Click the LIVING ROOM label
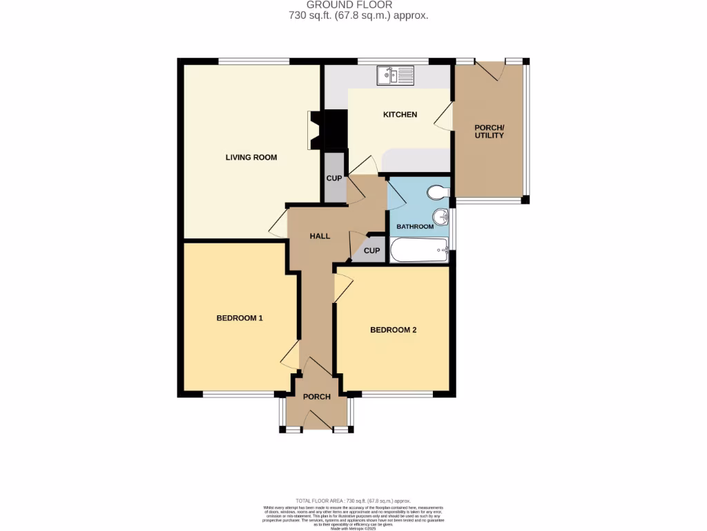pyautogui.click(x=251, y=158)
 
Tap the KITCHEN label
pyautogui.click(x=400, y=115)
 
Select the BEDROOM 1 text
pyautogui.click(x=240, y=319)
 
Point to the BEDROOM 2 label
pyautogui.click(x=393, y=330)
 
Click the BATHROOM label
pyautogui.click(x=415, y=227)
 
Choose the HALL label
pyautogui.click(x=320, y=236)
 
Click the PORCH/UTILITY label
pyautogui.click(x=489, y=131)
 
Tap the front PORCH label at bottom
pyautogui.click(x=317, y=397)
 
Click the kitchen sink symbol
pyautogui.click(x=394, y=75)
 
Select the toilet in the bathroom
pyautogui.click(x=437, y=192)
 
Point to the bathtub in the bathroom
pyautogui.click(x=420, y=250)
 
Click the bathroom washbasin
pyautogui.click(x=440, y=218)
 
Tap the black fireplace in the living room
pyautogui.click(x=334, y=130)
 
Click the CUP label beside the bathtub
pyautogui.click(x=371, y=251)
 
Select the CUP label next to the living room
pyautogui.click(x=334, y=178)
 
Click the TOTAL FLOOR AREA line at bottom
pyautogui.click(x=353, y=501)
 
